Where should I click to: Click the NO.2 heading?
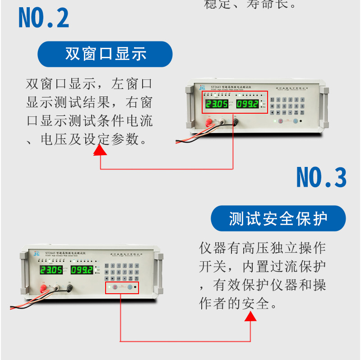pos(44,18)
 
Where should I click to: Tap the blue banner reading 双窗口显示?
pos(105,54)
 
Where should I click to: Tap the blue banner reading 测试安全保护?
pos(278,219)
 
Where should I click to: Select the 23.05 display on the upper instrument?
pos(217,105)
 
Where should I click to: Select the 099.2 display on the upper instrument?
pos(248,105)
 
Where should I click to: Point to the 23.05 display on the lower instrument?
pos(51,270)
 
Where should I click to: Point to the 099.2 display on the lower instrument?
pos(82,270)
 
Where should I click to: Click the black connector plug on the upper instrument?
pos(235,122)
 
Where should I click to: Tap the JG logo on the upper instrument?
pos(202,87)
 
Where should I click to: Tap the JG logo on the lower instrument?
pos(37,254)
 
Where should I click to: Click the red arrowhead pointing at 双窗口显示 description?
pos(100,150)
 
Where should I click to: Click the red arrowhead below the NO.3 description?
pos(250,316)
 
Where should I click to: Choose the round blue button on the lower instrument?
pos(130,287)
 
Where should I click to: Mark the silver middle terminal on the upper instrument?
pos(222,121)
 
